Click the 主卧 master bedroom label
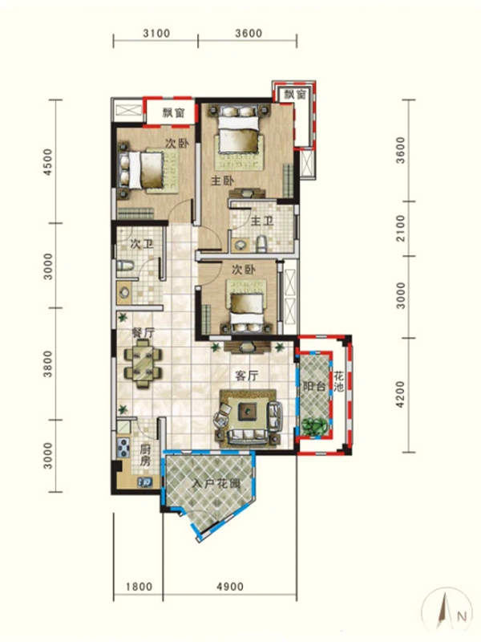[223, 181]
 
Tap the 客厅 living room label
[247, 376]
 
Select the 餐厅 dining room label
[143, 332]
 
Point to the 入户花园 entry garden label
[216, 484]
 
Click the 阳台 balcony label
[313, 386]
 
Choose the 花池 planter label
[338, 381]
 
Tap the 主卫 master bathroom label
[262, 221]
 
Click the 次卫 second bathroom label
[142, 245]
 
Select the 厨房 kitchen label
[145, 455]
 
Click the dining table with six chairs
[143, 364]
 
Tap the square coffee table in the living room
[248, 411]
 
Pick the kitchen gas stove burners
[123, 448]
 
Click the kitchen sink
[145, 482]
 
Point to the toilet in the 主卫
[261, 244]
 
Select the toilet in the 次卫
[125, 266]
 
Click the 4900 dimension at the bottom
[230, 587]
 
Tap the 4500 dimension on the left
[48, 162]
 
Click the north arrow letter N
[462, 616]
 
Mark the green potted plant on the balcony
[314, 427]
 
